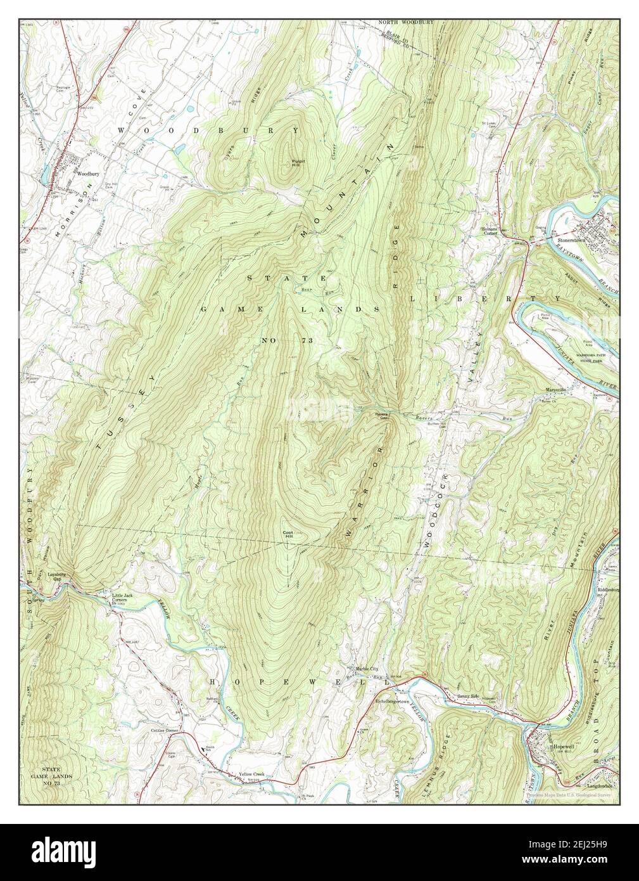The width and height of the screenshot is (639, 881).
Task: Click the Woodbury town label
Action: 85,171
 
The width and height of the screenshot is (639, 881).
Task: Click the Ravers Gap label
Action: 379,417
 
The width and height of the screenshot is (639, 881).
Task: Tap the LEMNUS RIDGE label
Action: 453,765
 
